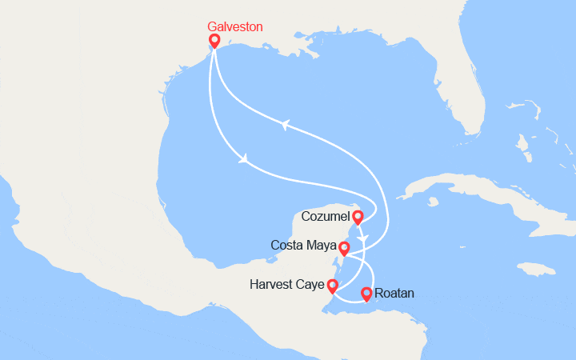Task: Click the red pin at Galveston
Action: (x=214, y=41)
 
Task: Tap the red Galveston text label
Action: (x=234, y=26)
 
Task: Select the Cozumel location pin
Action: (x=358, y=217)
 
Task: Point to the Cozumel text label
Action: (x=326, y=217)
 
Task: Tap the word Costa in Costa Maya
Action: (x=286, y=245)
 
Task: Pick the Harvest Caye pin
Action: (x=332, y=286)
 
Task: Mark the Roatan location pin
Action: (x=366, y=294)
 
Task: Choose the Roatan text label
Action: (x=394, y=294)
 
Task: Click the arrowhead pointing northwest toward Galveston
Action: (x=283, y=123)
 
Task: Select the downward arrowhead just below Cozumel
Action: (x=363, y=238)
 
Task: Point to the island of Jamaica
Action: (x=535, y=269)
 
